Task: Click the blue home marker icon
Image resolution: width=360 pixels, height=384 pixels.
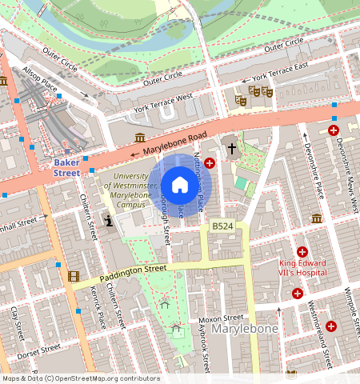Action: (180, 185)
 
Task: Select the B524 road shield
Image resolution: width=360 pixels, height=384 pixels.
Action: (222, 228)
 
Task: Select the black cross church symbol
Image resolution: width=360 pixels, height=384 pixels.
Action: (232, 148)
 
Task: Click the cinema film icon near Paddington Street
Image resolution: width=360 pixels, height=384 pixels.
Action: (74, 276)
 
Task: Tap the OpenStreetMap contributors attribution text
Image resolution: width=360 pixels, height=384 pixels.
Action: (80, 378)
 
